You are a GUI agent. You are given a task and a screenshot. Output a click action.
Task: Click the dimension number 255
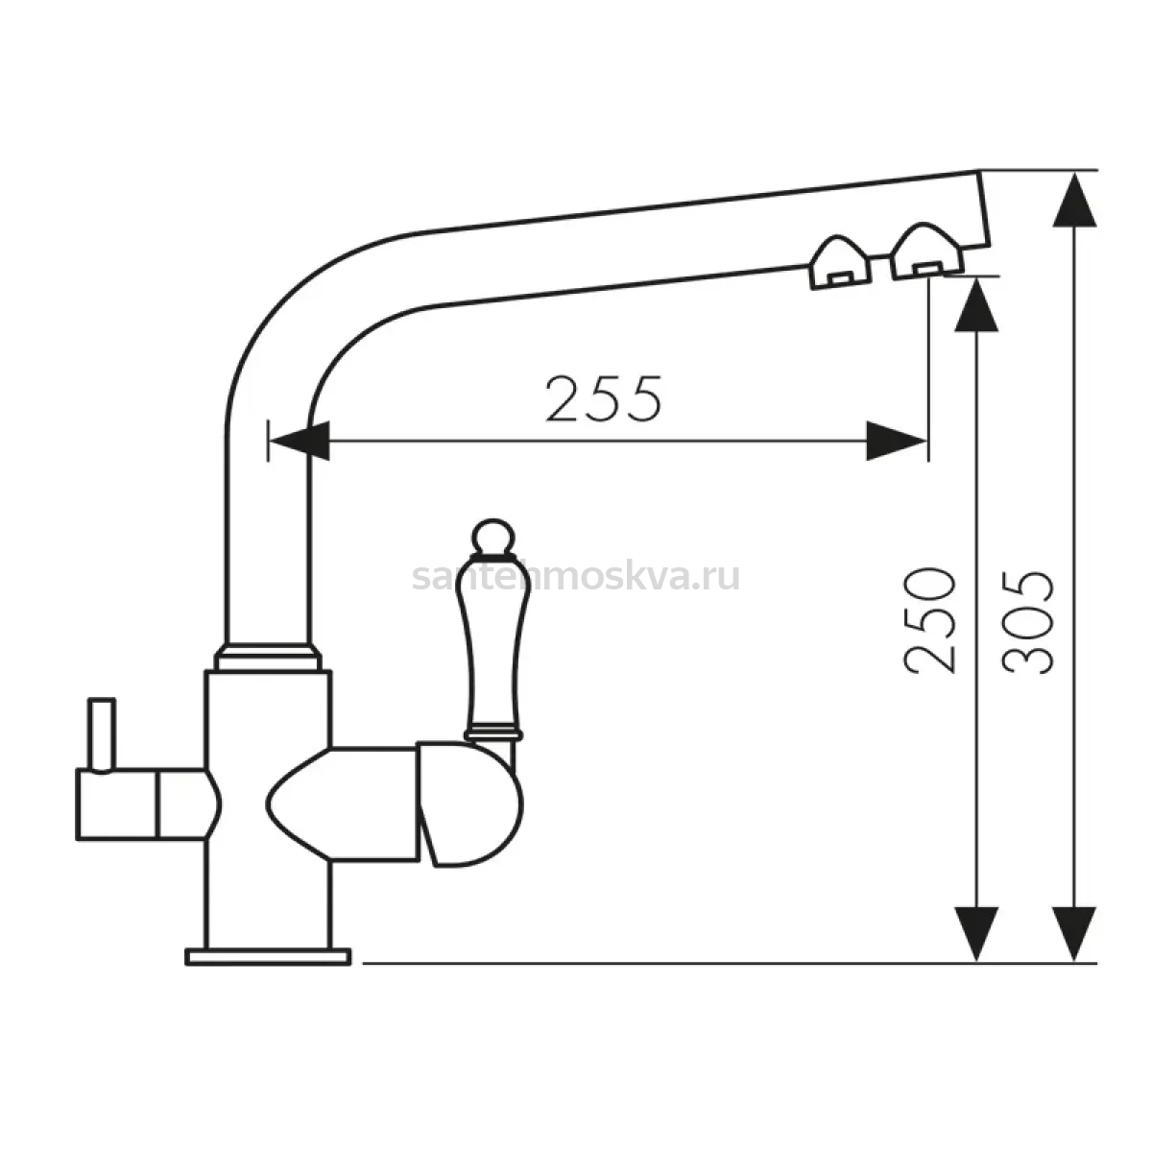(604, 398)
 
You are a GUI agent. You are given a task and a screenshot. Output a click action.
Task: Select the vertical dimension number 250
(928, 621)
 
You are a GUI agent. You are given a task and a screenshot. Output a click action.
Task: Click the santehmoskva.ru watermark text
(576, 577)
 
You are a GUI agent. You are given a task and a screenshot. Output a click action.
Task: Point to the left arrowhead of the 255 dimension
(300, 442)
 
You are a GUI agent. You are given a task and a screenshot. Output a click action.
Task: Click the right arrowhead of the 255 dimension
(896, 442)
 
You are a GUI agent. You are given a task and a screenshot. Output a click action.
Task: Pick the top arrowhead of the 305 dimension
(1074, 201)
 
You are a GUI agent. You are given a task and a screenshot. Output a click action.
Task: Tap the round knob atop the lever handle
(493, 537)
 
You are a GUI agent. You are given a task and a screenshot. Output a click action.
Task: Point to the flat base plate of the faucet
(268, 956)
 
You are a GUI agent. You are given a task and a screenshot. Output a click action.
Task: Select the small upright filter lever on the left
(102, 735)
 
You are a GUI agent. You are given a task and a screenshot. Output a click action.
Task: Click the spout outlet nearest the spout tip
(926, 253)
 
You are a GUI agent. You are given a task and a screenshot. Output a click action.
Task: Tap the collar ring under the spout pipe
(269, 657)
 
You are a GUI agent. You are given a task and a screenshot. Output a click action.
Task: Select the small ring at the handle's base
(493, 733)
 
